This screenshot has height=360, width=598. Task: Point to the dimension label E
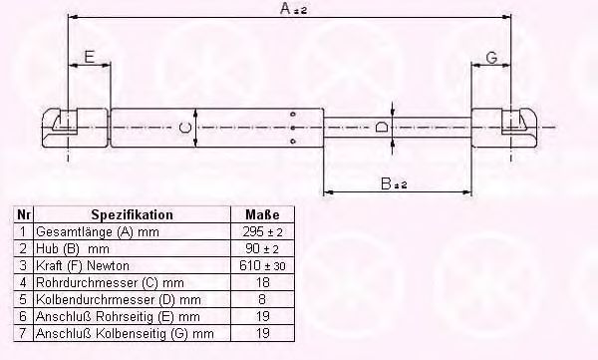point(90,57)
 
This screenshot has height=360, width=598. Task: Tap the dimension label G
point(492,58)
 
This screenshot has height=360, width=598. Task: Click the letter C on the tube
point(185,127)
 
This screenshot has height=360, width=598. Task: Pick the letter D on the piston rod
point(382,127)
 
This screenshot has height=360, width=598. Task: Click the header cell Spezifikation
point(132,214)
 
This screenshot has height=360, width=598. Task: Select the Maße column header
point(262,214)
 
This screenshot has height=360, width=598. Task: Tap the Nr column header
point(24,214)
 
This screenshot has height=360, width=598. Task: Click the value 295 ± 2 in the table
point(262,231)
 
